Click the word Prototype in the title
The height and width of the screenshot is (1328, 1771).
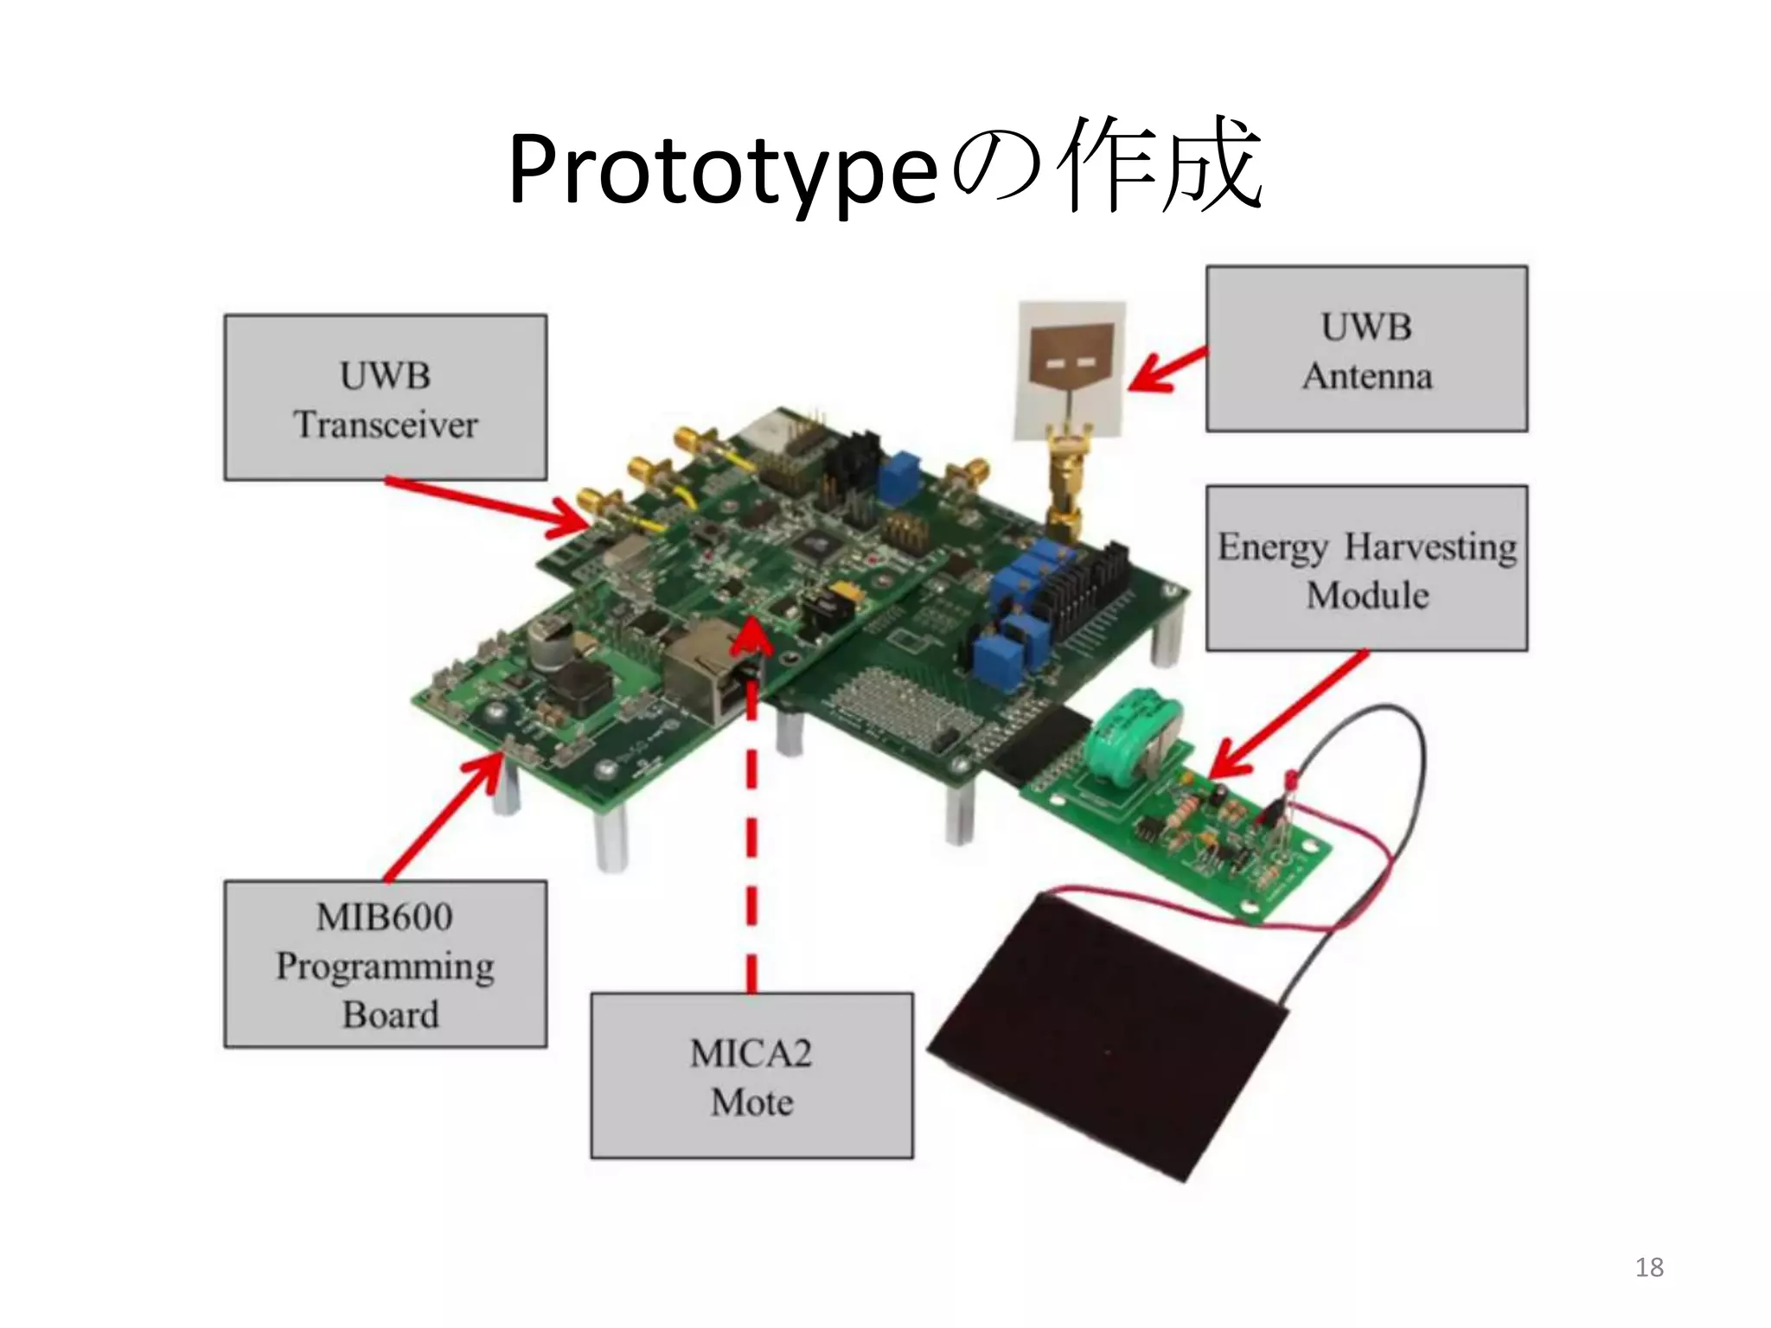point(723,170)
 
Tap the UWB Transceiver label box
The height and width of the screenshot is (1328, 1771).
point(385,398)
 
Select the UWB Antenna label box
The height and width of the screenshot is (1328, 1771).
point(1366,349)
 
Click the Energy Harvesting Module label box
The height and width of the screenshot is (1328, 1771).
point(1366,568)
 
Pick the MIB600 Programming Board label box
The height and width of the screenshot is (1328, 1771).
point(385,964)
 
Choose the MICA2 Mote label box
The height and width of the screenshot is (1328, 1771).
point(751,1076)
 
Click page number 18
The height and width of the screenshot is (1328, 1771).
point(1649,1267)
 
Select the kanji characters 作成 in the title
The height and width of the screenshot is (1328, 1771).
point(1163,169)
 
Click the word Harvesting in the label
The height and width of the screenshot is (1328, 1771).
point(1430,546)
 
